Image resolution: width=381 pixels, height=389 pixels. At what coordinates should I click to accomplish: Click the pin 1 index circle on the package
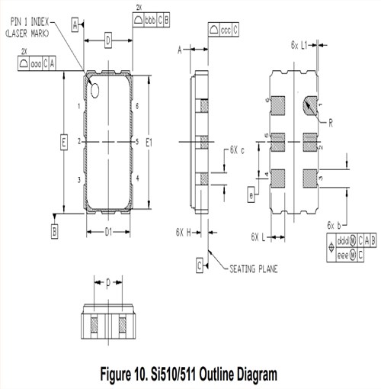pos(97,91)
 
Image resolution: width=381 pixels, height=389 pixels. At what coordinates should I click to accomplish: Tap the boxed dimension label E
pos(64,141)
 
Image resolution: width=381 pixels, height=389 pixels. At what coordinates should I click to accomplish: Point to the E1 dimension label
pos(149,142)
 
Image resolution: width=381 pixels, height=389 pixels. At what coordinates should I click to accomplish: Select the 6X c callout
pos(237,150)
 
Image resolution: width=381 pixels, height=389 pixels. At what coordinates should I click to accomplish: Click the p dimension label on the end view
pos(108,283)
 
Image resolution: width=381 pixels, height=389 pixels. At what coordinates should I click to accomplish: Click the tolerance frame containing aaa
pos(37,63)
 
